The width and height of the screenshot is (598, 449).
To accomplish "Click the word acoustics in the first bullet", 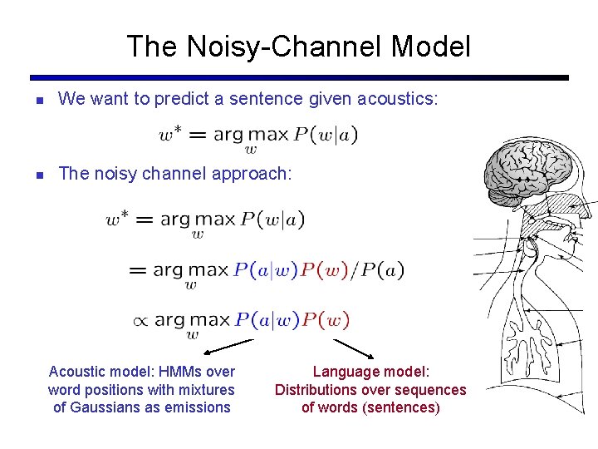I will (395, 99).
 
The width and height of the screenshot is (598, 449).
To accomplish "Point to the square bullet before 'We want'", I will (38, 101).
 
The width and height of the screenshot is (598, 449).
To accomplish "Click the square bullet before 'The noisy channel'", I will (38, 175).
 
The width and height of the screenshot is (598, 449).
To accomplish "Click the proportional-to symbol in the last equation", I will (141, 320).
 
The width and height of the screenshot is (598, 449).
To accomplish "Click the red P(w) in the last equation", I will (325, 320).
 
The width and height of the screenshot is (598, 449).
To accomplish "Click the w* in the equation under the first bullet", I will (172, 133).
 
